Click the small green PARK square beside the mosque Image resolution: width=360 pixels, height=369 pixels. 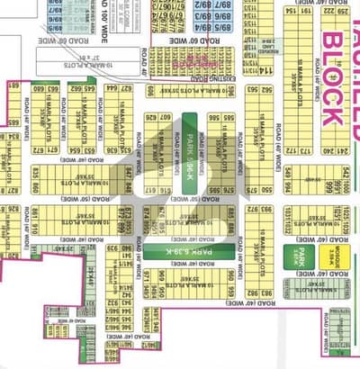pos(297,256)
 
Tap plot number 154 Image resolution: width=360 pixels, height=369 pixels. pos(291,12)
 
